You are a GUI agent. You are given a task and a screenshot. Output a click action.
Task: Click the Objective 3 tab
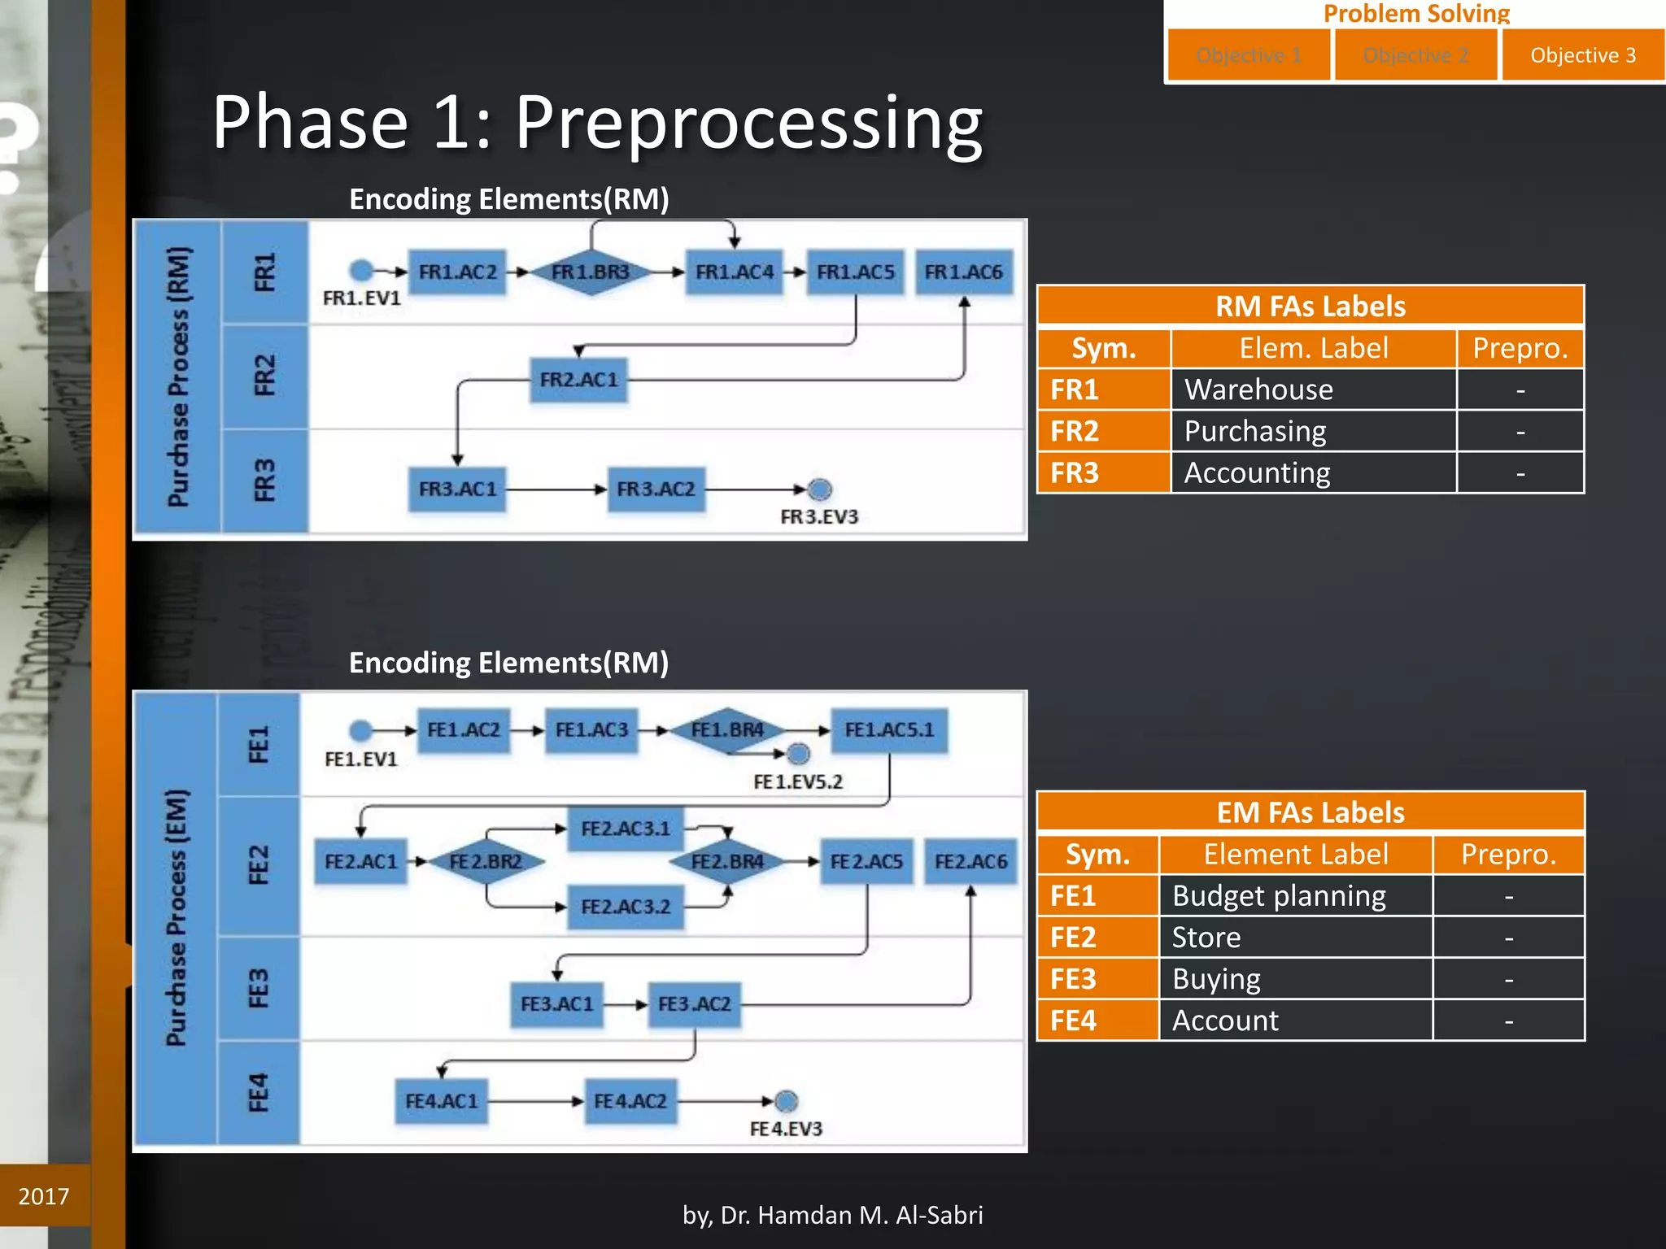click(x=1582, y=55)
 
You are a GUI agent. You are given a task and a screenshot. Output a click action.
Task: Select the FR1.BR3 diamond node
click(x=591, y=272)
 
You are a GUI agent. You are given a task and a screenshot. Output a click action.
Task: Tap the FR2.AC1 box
click(x=579, y=380)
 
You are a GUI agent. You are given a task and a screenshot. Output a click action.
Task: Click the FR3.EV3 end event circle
click(x=820, y=490)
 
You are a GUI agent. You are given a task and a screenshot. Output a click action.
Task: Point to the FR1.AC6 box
click(x=964, y=272)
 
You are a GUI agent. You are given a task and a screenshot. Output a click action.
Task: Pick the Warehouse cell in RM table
click(x=1313, y=389)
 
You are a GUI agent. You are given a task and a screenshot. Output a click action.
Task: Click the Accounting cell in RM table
click(x=1313, y=472)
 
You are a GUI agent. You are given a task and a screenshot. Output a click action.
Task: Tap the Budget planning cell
click(x=1295, y=896)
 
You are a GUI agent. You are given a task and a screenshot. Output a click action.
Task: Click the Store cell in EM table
click(x=1295, y=938)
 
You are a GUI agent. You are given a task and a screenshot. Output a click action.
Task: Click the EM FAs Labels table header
click(x=1311, y=812)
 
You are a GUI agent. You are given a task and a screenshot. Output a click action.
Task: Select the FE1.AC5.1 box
click(x=889, y=730)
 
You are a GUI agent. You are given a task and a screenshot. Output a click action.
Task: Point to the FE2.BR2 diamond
click(x=486, y=861)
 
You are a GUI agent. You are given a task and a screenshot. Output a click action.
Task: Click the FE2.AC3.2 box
click(x=626, y=907)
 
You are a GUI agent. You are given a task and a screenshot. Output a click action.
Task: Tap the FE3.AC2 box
click(x=695, y=1004)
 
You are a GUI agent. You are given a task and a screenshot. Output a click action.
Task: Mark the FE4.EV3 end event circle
click(x=786, y=1102)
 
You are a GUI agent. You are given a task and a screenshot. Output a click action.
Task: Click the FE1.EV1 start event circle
click(x=361, y=730)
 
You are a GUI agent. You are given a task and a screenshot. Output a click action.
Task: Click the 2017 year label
click(x=44, y=1196)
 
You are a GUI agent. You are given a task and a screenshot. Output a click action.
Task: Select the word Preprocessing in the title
click(x=749, y=122)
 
